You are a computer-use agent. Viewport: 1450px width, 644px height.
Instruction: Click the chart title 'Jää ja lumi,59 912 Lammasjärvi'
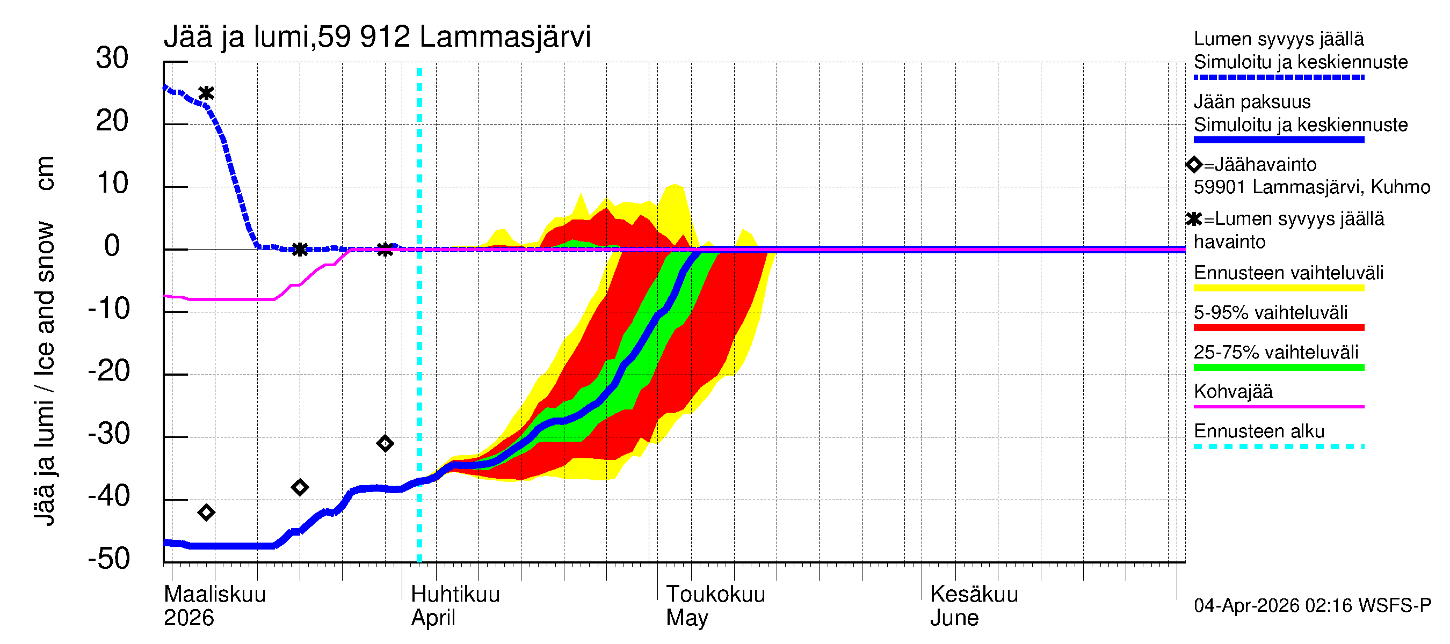coord(377,37)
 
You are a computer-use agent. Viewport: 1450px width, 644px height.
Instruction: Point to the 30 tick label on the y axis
coord(112,58)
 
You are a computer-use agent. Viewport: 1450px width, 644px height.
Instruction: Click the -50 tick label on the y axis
coord(109,559)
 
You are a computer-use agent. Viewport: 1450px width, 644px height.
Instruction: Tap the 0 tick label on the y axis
coord(112,246)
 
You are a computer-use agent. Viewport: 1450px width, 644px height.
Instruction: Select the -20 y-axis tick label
coord(109,371)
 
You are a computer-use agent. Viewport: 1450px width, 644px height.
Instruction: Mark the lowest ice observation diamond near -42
coord(206,513)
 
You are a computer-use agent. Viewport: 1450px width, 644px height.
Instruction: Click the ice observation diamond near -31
coord(385,444)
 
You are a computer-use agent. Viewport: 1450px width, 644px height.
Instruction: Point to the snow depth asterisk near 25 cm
coord(207,93)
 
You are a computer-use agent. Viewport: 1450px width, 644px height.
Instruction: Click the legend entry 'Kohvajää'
coord(1233,391)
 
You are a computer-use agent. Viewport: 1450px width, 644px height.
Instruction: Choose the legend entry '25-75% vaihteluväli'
coord(1275,352)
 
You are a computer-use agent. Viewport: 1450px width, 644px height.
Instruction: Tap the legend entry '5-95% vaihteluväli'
coord(1271,313)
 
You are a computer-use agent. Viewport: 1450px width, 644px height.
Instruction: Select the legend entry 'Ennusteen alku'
coord(1259,431)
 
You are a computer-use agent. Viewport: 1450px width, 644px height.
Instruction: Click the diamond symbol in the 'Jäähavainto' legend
coord(1194,165)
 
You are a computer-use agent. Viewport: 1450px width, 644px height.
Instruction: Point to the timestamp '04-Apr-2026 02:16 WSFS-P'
coord(1312,605)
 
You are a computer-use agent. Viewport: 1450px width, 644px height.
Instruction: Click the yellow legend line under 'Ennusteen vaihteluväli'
coord(1278,288)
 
